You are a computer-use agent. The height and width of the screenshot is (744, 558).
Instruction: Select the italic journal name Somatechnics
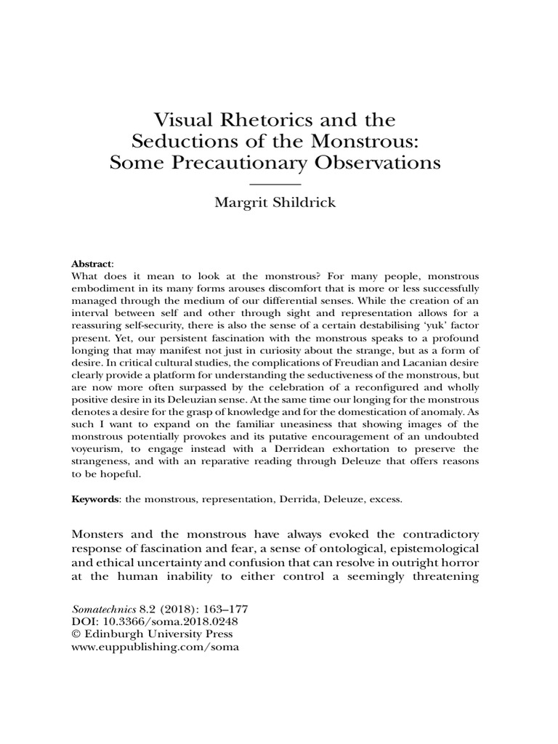coord(109,609)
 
